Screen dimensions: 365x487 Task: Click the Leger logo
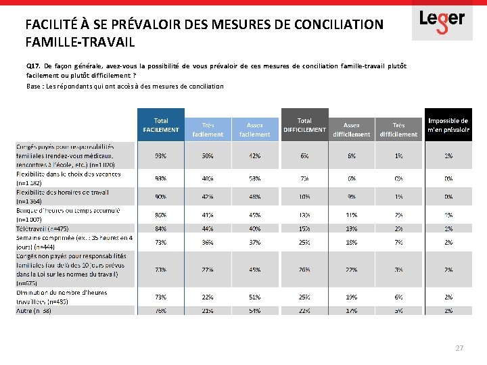point(442,20)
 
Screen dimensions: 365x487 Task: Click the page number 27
point(459,348)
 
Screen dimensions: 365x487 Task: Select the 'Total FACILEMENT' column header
point(161,125)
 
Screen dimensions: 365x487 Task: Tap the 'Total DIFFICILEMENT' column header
point(304,125)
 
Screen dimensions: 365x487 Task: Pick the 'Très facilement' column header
point(208,129)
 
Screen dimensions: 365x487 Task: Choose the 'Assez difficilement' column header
point(351,129)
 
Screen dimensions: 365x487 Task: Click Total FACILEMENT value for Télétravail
point(161,228)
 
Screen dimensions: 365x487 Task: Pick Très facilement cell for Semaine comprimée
point(208,242)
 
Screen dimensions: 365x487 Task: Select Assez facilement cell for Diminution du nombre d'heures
point(255,297)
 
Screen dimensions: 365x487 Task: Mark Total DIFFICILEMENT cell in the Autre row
point(304,311)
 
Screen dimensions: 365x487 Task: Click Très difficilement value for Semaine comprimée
point(398,242)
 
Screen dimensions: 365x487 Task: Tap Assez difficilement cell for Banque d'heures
point(351,215)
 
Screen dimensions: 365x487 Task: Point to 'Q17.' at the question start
point(34,66)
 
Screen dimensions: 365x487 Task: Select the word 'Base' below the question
point(34,86)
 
